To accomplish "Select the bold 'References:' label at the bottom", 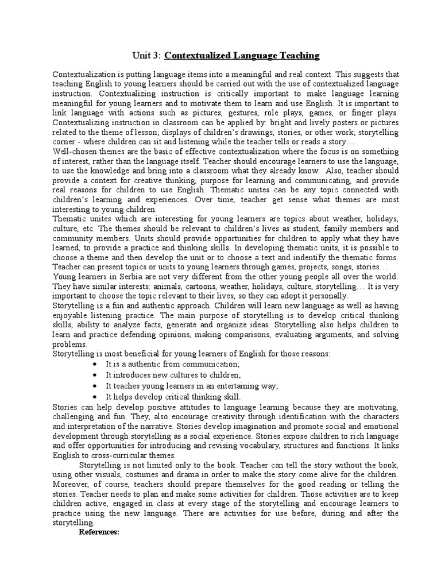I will (x=98, y=532).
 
